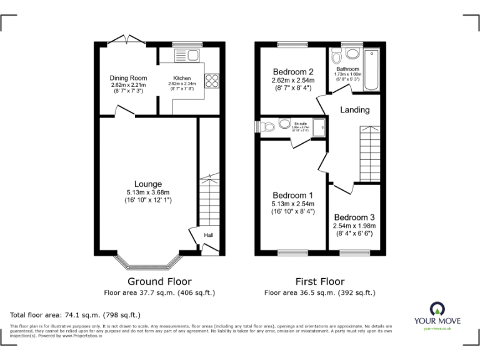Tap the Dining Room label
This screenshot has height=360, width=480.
pos(129,78)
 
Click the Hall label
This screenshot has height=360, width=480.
pos(208,235)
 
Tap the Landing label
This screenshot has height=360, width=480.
pos(354,110)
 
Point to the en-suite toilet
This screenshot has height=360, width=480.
pos(269,127)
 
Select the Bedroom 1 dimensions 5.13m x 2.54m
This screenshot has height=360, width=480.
pos(292,204)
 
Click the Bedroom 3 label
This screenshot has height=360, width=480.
pos(354,217)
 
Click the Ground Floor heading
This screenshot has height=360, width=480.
pos(159,281)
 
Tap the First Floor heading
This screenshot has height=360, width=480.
pos(319,281)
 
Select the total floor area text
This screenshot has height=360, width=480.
pos(76,315)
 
